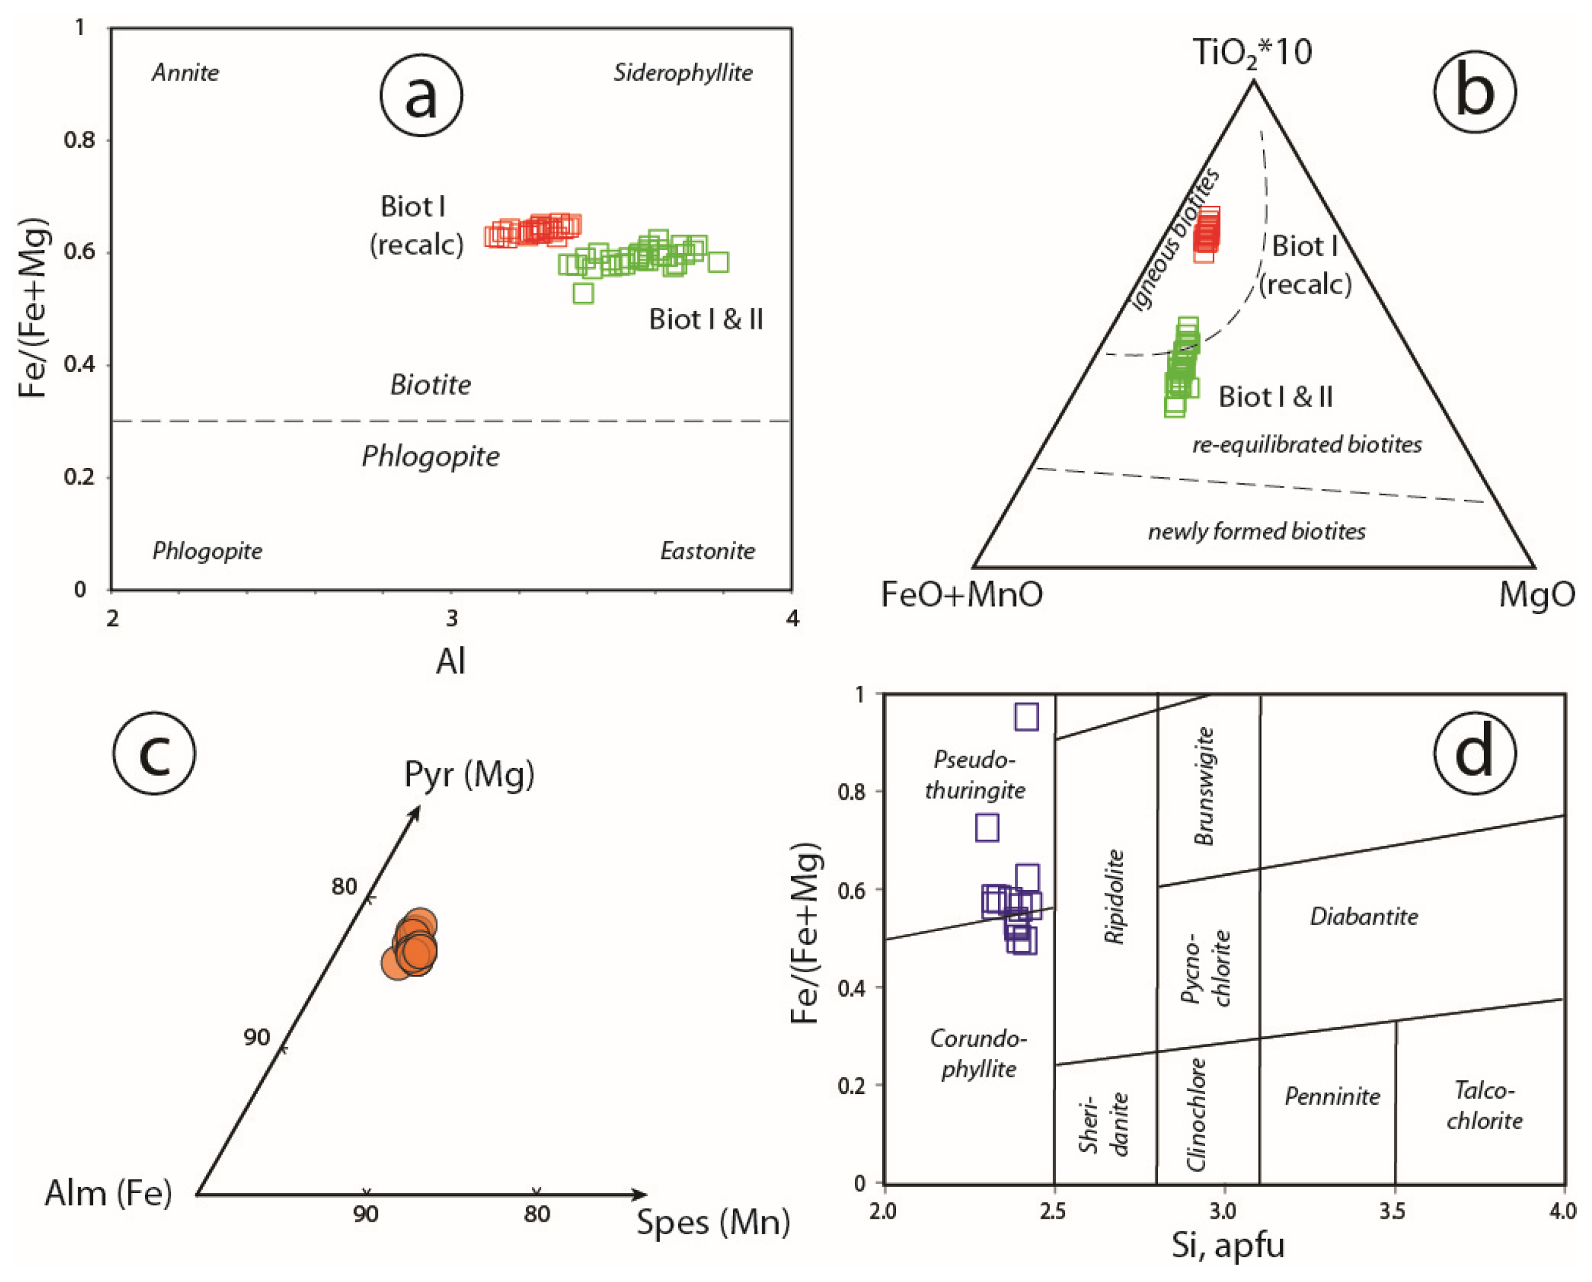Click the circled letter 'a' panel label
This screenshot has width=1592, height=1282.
tap(421, 96)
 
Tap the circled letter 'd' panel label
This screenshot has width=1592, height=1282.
tap(1474, 753)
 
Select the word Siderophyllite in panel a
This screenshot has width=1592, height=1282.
tap(683, 72)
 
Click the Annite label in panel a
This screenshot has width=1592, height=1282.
tap(185, 72)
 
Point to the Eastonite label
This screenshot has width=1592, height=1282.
tap(707, 551)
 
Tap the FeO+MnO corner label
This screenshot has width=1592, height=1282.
tap(962, 594)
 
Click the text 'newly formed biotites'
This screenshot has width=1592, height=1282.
tap(1256, 531)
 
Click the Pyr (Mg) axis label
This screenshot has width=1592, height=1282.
tap(469, 775)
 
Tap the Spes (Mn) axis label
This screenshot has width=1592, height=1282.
tap(713, 1222)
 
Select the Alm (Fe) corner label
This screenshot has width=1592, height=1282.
tap(109, 1192)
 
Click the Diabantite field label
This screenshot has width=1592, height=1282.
tap(1364, 917)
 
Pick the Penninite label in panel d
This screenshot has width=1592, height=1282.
tap(1332, 1096)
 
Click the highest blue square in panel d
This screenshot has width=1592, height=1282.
tap(1026, 716)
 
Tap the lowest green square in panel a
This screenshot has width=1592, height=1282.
tap(583, 293)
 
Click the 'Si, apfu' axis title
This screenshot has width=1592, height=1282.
tap(1227, 1245)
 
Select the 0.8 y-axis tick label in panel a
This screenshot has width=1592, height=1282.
tap(80, 140)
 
